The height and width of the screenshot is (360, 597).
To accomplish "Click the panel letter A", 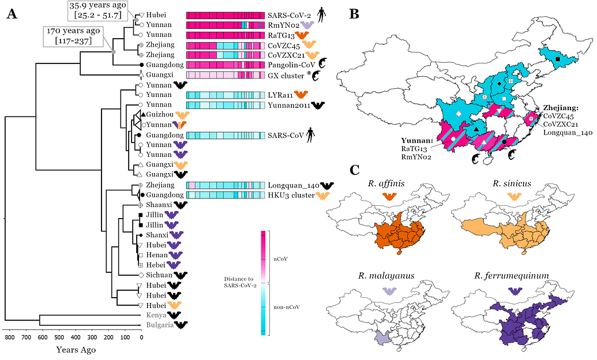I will pyautogui.click(x=12, y=15).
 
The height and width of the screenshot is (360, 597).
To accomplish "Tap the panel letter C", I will pyautogui.click(x=355, y=171).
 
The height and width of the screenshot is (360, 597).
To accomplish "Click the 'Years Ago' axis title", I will pyautogui.click(x=76, y=349).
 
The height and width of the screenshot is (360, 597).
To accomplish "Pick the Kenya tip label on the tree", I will pyautogui.click(x=156, y=315).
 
